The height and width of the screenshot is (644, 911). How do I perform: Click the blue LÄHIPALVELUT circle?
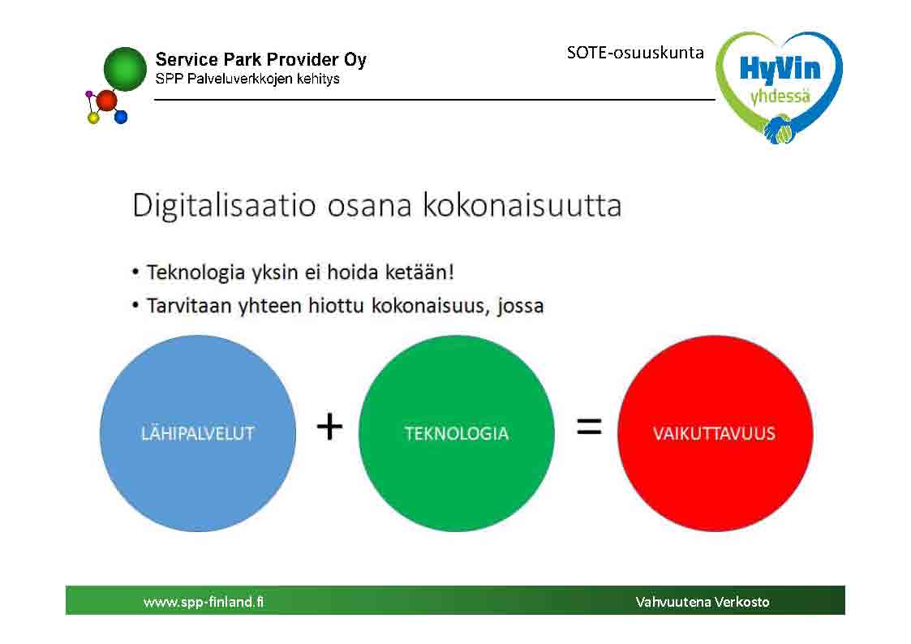click(x=198, y=433)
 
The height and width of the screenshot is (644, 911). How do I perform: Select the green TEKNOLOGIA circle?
click(x=457, y=433)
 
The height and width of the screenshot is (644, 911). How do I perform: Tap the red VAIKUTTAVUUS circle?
click(x=715, y=433)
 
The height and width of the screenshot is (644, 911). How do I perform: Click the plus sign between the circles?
click(x=329, y=427)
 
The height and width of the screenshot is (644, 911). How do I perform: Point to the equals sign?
click(x=589, y=427)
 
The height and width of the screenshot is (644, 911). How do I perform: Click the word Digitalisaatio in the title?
click(x=224, y=206)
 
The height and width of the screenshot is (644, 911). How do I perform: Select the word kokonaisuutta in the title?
click(x=522, y=205)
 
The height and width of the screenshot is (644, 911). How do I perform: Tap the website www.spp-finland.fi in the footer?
click(x=204, y=602)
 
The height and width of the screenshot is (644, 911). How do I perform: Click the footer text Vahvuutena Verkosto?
click(x=703, y=602)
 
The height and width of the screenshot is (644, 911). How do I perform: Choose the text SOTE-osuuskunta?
click(x=635, y=53)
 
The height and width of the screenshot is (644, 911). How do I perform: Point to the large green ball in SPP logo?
click(x=125, y=69)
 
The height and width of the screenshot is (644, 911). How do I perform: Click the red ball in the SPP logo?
click(x=106, y=101)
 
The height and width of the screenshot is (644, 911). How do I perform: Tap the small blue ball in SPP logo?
click(x=121, y=118)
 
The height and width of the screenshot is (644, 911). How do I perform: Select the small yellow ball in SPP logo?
click(x=93, y=118)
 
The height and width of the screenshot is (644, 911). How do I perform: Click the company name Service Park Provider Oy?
click(x=261, y=60)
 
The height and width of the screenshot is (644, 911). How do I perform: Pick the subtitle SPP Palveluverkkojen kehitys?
click(x=247, y=79)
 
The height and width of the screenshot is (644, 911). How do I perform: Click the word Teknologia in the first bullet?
click(x=196, y=273)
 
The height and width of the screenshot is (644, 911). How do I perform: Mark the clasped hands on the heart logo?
click(x=779, y=130)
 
